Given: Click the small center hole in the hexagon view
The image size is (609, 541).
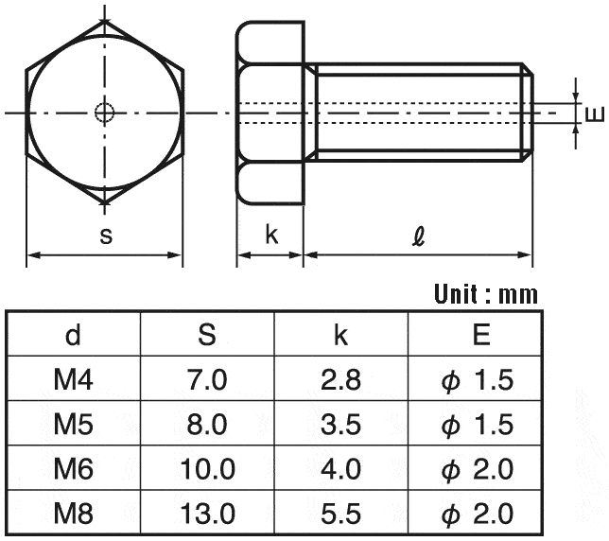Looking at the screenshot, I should (105, 113).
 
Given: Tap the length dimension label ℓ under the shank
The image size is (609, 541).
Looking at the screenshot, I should (418, 237).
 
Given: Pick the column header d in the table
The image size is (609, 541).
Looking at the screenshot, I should (73, 335).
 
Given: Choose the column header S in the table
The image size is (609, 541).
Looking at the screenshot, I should (207, 335).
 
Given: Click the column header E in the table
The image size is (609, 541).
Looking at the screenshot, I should (481, 335).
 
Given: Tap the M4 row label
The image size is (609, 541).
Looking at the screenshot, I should (73, 379).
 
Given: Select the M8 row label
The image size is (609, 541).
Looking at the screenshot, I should (73, 514).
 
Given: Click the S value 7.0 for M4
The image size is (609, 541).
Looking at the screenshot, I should (207, 379).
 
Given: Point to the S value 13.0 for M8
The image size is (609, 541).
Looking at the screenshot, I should (207, 514).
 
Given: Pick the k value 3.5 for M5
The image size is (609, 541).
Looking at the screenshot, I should (340, 424).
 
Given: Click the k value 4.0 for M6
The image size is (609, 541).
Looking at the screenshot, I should (340, 469).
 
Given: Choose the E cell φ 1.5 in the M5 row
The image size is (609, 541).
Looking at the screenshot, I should (478, 424).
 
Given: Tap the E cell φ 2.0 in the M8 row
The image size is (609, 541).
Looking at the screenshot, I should (478, 514).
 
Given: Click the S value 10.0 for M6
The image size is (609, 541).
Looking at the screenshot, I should (207, 469).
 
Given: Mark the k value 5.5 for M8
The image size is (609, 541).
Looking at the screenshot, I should (340, 514).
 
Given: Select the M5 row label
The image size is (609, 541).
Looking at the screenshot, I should (73, 424).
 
